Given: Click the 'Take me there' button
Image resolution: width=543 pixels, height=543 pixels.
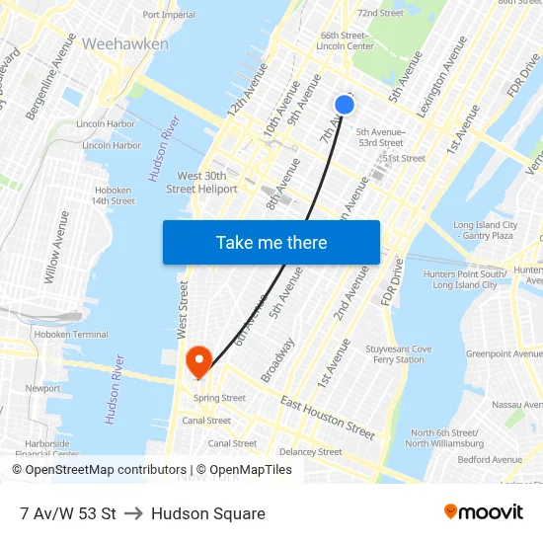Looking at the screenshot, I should (271, 242).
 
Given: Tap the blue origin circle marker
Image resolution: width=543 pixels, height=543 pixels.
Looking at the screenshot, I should (345, 105).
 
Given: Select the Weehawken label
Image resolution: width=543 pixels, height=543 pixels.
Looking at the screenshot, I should (125, 44).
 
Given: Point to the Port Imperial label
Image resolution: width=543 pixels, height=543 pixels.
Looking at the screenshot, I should (169, 15).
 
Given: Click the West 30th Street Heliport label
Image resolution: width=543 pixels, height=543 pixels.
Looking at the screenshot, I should (201, 183).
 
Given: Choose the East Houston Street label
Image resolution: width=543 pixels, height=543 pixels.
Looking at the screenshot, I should (328, 418).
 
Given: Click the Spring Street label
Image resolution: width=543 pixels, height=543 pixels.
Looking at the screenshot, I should (219, 398).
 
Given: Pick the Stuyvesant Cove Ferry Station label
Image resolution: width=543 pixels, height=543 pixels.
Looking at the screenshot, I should (399, 354).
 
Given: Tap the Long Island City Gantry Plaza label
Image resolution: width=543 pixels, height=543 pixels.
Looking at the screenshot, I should (485, 230).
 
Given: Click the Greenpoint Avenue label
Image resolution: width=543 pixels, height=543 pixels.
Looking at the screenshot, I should (504, 353).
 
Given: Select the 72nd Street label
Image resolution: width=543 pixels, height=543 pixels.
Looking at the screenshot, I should (380, 13).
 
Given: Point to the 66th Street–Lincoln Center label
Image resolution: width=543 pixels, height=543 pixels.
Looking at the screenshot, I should (346, 40).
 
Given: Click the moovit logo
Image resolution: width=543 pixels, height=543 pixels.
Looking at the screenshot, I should (483, 512).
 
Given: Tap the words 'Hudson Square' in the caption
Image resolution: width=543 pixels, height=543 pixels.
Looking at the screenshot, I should (208, 513).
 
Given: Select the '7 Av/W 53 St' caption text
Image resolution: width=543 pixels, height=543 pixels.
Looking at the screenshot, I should (67, 513).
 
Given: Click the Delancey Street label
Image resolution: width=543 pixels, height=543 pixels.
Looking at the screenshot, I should (310, 452).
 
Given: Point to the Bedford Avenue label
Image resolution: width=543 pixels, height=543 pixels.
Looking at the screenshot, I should (489, 459).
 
